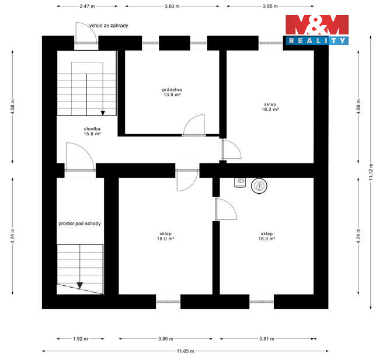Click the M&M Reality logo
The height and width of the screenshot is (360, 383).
pyautogui.click(x=317, y=30)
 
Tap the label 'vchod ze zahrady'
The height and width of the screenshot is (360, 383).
pyautogui.click(x=109, y=26)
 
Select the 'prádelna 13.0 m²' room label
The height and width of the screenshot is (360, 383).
pyautogui.click(x=172, y=92)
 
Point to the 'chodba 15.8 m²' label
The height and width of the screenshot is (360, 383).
pyautogui.click(x=92, y=131)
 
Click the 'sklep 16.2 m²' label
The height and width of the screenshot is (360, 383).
pyautogui.click(x=270, y=107)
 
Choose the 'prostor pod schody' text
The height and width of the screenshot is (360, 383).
pyautogui.click(x=79, y=223)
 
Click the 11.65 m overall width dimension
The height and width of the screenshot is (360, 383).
pyautogui.click(x=186, y=351)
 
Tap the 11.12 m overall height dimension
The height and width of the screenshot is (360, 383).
pyautogui.click(x=371, y=172)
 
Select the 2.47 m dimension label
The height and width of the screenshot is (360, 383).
pyautogui.click(x=87, y=6)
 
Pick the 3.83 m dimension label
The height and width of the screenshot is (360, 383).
pyautogui.click(x=172, y=6)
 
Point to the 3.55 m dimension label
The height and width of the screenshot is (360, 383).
pyautogui.click(x=270, y=6)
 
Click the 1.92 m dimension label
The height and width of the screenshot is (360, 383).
pyautogui.click(x=81, y=339)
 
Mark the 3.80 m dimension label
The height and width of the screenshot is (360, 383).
pyautogui.click(x=165, y=339)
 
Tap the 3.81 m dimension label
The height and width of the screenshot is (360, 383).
pyautogui.click(x=266, y=339)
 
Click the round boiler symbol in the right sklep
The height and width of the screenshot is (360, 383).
pyautogui.click(x=259, y=186)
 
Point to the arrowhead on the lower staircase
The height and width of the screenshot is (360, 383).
pyautogui.click(x=80, y=285)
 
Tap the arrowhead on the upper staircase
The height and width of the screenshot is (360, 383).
pyautogui.click(x=103, y=113)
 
